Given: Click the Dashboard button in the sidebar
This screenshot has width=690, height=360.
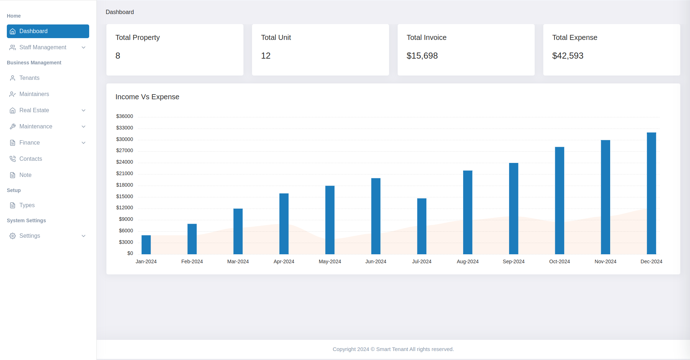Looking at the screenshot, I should [48, 31].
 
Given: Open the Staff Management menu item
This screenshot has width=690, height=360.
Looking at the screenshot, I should [43, 47].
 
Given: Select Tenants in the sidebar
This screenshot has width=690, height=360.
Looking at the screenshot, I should [29, 78].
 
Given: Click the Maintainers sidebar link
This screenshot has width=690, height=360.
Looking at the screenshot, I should [34, 94].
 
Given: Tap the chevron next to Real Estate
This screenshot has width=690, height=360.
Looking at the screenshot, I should [83, 110].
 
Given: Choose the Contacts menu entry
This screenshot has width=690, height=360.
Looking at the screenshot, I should [31, 159].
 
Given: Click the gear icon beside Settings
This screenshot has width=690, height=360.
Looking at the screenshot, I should [13, 236].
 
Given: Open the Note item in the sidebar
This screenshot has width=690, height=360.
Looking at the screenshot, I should [25, 175].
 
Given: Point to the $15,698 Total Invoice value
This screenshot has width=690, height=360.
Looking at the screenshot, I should [422, 56].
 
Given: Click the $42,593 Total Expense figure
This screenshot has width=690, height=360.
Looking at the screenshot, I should [568, 56].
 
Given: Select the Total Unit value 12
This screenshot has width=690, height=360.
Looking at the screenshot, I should [266, 56].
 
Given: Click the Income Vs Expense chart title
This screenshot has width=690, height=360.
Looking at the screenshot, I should [147, 97].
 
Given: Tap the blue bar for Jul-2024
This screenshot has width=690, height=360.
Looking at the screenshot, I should [422, 226].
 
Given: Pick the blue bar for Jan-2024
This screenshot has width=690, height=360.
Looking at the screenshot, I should [146, 245].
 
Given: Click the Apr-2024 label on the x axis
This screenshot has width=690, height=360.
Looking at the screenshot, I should [284, 261].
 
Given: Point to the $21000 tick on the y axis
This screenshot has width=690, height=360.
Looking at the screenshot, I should [124, 173].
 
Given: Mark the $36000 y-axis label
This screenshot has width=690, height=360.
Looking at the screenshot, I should [124, 116].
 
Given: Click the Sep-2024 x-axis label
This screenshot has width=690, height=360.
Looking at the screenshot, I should [513, 261].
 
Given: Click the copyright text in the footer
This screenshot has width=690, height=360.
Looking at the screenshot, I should [393, 349].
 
